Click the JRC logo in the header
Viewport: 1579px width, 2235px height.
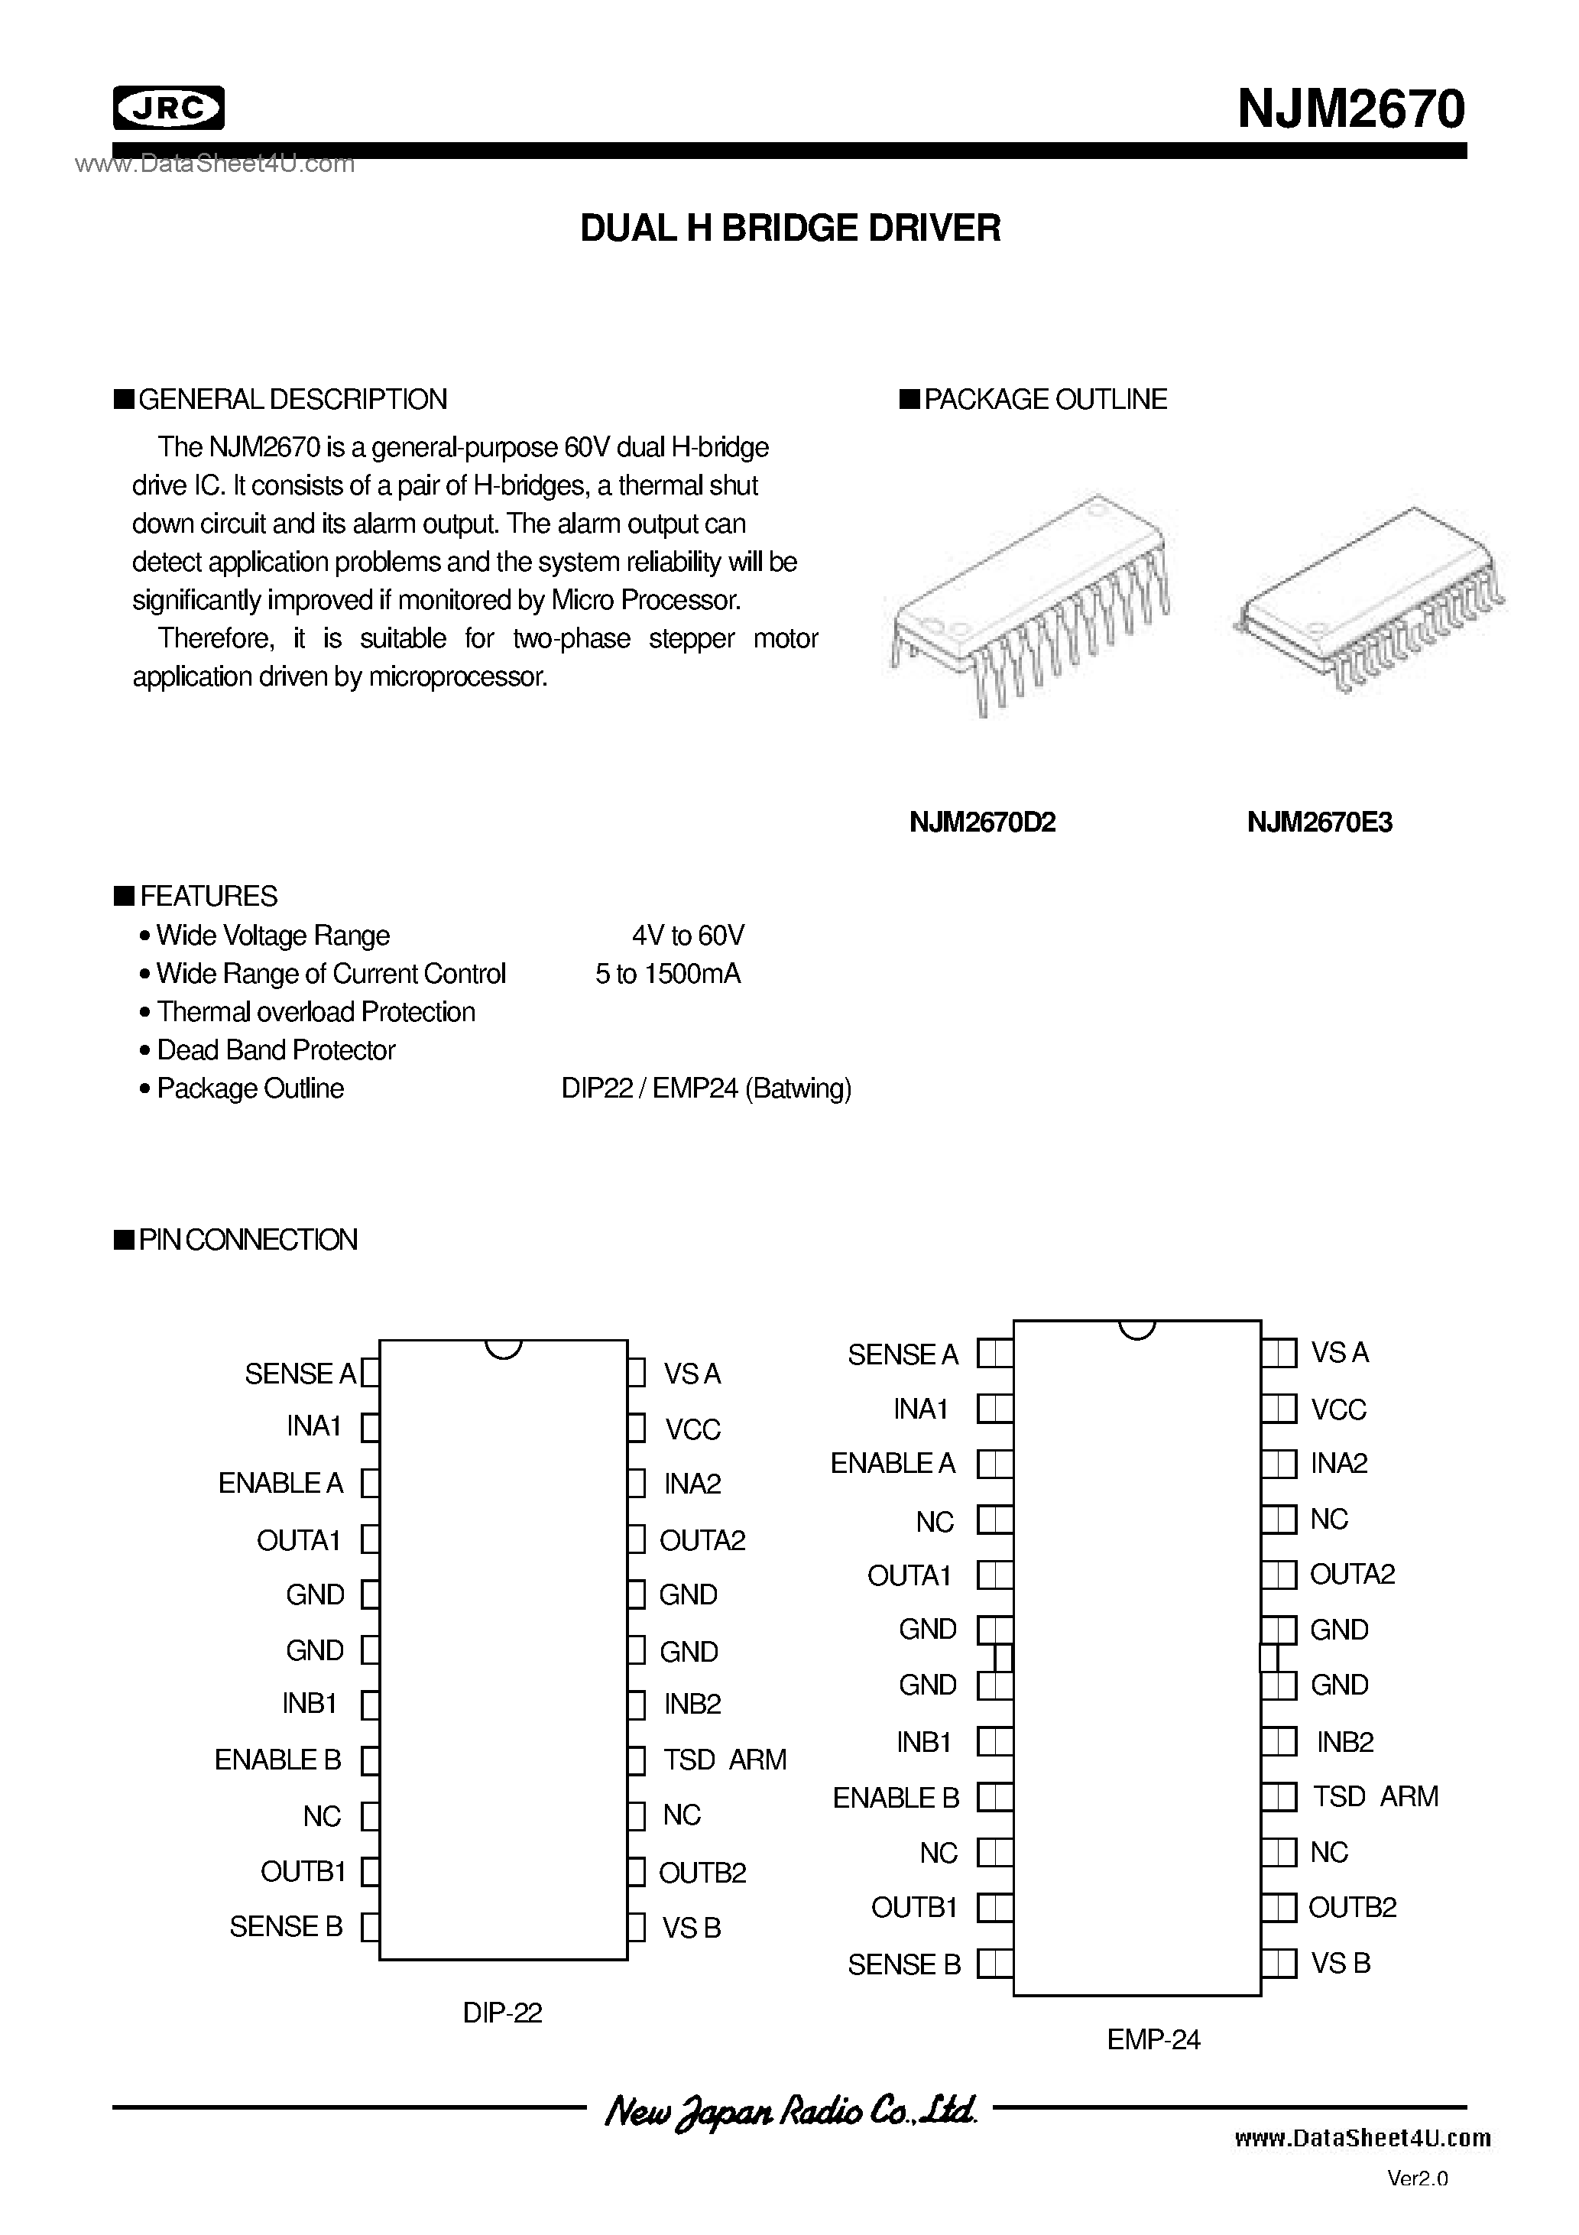click(168, 108)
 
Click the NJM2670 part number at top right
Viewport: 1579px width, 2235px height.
click(1350, 109)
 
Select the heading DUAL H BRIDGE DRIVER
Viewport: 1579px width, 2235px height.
click(789, 228)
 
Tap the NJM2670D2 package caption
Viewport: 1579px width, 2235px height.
click(981, 822)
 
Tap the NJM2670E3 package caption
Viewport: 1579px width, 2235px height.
click(1319, 822)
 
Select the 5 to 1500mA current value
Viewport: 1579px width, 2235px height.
click(668, 974)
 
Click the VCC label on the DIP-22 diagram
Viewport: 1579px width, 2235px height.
click(692, 1429)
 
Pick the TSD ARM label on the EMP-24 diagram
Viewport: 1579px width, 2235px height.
click(1375, 1796)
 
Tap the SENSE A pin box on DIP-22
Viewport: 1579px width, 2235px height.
click(370, 1373)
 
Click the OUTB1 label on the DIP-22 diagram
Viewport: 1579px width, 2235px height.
click(303, 1871)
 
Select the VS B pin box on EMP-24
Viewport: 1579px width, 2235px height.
click(1280, 1964)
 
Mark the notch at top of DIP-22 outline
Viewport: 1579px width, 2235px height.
click(504, 1349)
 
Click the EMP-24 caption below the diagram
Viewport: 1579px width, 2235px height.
click(1153, 2039)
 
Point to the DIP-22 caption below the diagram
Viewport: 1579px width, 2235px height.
click(502, 2012)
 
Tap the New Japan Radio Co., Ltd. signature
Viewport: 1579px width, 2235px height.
click(789, 2110)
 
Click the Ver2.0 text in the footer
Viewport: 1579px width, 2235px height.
click(1418, 2178)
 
